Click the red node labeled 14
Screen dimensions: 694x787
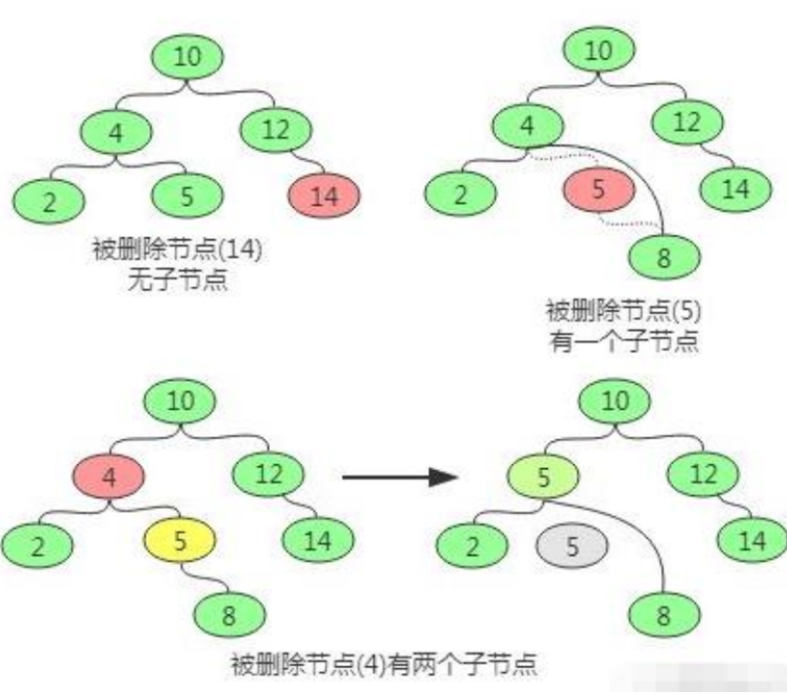[324, 197]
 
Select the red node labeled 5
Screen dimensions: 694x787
[598, 190]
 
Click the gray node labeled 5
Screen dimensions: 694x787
[573, 547]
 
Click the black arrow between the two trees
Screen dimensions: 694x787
[395, 476]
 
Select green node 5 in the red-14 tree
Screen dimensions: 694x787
[188, 196]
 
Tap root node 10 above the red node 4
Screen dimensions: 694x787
[180, 401]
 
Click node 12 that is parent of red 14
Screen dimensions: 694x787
[275, 130]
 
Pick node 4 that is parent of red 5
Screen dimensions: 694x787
[528, 125]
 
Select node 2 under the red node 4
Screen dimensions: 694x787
[37, 547]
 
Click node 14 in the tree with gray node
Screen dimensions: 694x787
[754, 541]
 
